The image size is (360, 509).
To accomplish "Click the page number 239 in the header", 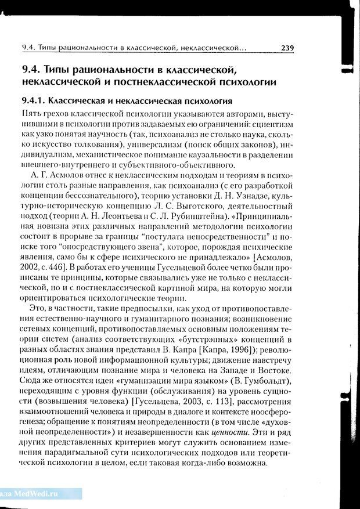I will point(287,48).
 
